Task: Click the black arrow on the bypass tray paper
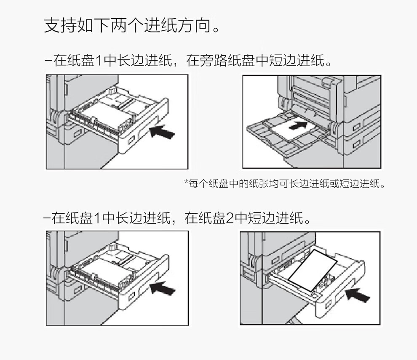298,125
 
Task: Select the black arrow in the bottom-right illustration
357,295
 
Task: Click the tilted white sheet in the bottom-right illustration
313,270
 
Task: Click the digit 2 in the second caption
230,218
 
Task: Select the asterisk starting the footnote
186,182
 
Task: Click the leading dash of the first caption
49,61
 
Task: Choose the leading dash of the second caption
47,218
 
